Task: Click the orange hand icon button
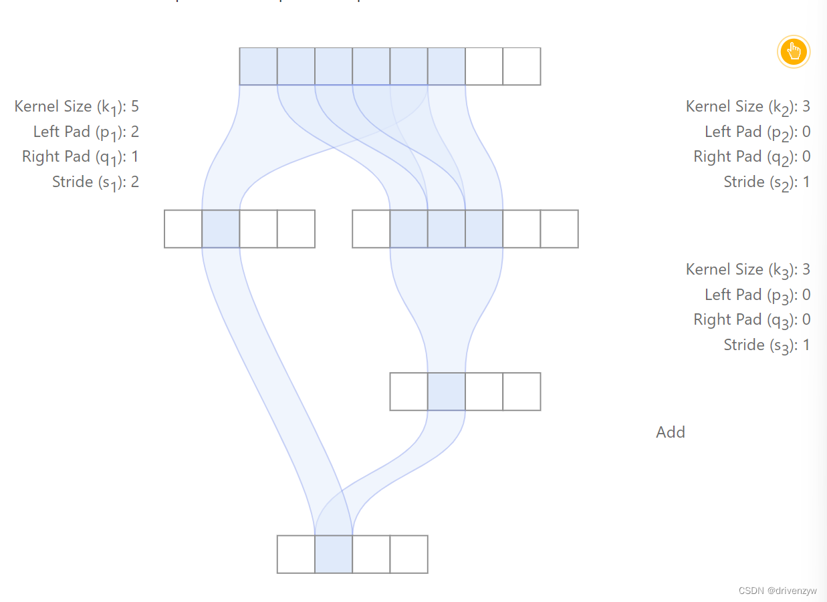[x=794, y=51]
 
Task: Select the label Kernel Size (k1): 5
[x=77, y=107]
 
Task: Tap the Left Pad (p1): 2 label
[x=86, y=132]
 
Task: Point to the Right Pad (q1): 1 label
[x=81, y=157]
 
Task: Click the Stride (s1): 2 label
[x=96, y=182]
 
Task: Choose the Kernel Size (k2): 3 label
[x=748, y=107]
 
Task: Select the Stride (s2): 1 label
[x=767, y=182]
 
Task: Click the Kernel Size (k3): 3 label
[x=748, y=270]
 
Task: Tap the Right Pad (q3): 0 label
[x=752, y=320]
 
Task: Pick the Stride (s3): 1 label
[x=767, y=345]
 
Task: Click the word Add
[x=671, y=432]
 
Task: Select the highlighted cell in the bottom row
[x=334, y=554]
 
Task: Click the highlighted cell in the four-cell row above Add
[x=446, y=392]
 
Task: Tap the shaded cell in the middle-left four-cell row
[x=221, y=229]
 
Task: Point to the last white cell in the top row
[x=521, y=66]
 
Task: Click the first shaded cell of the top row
[x=258, y=66]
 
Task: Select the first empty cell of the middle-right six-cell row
[x=371, y=229]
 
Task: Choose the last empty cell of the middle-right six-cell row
[x=559, y=229]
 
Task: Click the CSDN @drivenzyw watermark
[x=778, y=591]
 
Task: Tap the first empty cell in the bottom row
[x=296, y=554]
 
